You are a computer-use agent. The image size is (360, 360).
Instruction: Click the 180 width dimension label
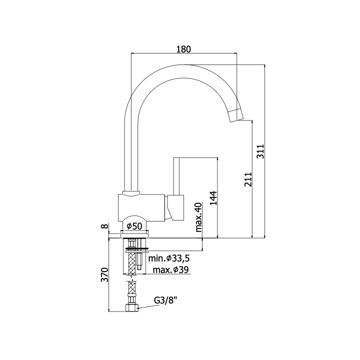[183, 49]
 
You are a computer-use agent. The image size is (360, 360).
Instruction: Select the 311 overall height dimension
[260, 151]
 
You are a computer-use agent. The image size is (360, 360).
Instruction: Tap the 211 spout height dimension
[248, 179]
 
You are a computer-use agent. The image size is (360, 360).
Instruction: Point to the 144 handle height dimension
[213, 198]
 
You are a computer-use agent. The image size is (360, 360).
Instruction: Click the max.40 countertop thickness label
[198, 217]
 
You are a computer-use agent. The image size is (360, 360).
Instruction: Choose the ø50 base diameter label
[134, 226]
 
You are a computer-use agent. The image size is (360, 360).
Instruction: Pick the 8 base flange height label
[104, 226]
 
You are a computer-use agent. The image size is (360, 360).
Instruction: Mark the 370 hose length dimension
[104, 274]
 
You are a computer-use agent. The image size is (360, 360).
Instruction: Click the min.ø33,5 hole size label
[169, 258]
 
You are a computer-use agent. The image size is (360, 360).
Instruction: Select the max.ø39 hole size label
[170, 270]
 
